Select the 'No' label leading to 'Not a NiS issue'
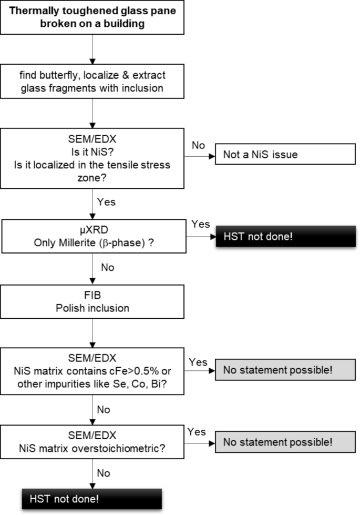pyautogui.click(x=199, y=145)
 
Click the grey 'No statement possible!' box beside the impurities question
pyautogui.click(x=278, y=370)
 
